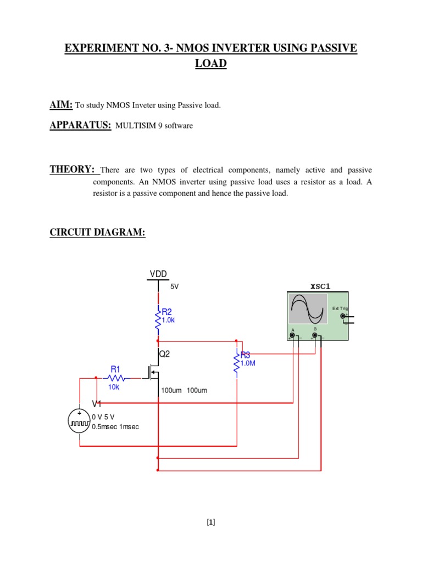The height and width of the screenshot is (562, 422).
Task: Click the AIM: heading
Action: (x=62, y=104)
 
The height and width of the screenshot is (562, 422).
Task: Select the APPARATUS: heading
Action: (x=80, y=125)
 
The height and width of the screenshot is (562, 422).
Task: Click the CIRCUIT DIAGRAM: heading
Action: (x=97, y=233)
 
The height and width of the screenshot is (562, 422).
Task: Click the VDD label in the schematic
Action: (x=158, y=274)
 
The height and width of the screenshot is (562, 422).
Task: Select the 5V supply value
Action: (x=175, y=286)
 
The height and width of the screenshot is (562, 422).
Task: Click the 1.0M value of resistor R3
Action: (x=248, y=363)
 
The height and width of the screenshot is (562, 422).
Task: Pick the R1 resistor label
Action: (x=115, y=369)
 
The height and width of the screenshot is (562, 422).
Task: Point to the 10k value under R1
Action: (x=114, y=387)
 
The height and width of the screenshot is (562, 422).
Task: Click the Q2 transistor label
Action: (x=164, y=355)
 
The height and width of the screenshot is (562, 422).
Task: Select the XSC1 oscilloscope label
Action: (x=320, y=286)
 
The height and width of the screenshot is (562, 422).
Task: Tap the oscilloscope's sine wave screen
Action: (x=308, y=309)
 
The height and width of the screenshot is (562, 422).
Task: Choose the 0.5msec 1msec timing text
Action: (x=115, y=426)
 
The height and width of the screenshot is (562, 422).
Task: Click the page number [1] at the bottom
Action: (x=211, y=522)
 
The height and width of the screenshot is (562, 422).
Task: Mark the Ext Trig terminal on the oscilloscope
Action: (x=343, y=316)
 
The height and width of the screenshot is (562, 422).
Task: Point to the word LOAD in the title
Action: (x=211, y=64)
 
